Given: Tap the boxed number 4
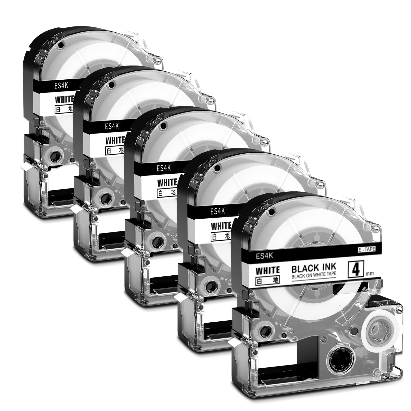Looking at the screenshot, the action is point(356,268).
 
